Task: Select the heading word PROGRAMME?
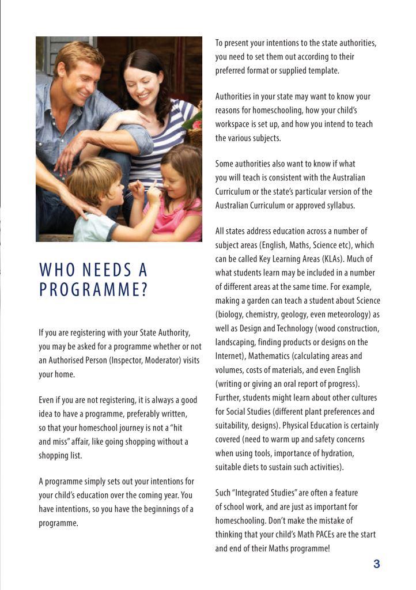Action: click(x=93, y=290)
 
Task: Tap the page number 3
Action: click(x=377, y=564)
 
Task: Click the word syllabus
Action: click(x=337, y=205)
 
